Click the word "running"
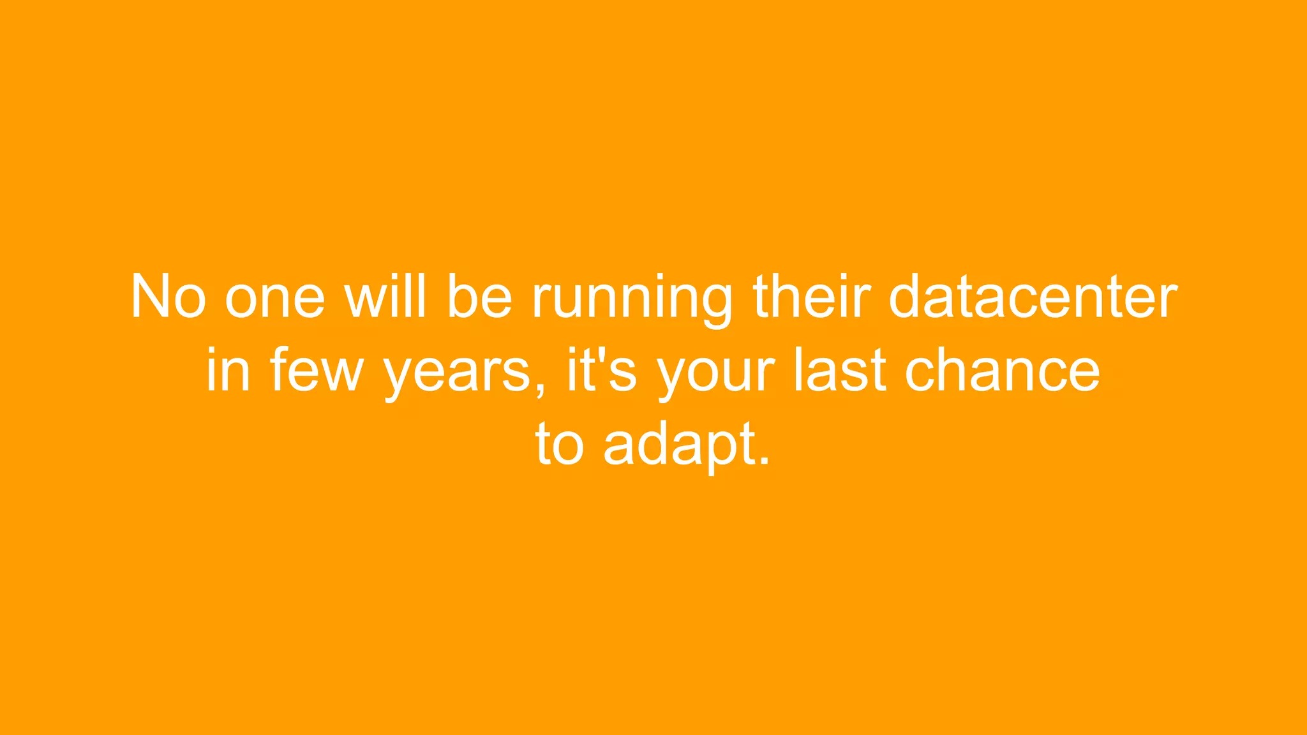tap(632, 300)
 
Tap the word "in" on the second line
tap(227, 370)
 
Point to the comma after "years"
tap(541, 390)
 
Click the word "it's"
tap(602, 370)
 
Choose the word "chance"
tap(1003, 370)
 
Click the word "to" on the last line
tap(560, 443)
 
